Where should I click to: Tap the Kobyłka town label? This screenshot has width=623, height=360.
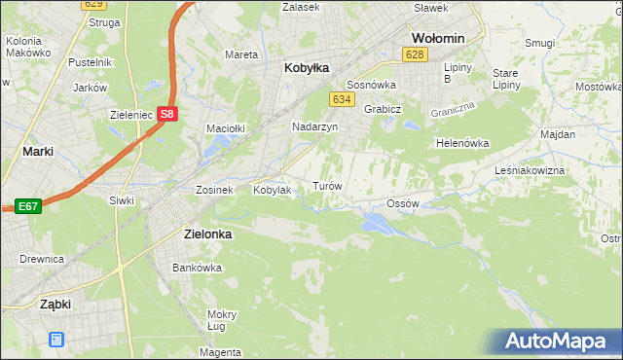[x=307, y=68]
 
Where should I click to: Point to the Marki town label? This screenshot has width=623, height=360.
[x=37, y=152]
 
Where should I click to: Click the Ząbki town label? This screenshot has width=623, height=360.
[x=55, y=304]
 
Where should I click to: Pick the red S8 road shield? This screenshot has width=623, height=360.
[x=167, y=114]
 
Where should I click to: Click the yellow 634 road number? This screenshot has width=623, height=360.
[x=341, y=100]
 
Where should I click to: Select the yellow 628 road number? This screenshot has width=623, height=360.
[x=416, y=55]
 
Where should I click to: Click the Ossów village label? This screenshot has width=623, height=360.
[x=402, y=203]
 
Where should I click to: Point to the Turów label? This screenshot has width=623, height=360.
[x=325, y=185]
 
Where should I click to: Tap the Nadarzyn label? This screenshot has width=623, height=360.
[x=314, y=127]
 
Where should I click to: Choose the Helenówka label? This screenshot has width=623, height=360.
[x=461, y=143]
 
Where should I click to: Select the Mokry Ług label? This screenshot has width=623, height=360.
[x=222, y=320]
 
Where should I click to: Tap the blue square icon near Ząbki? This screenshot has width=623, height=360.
[x=56, y=340]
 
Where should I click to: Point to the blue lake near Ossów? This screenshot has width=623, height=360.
[x=376, y=224]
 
